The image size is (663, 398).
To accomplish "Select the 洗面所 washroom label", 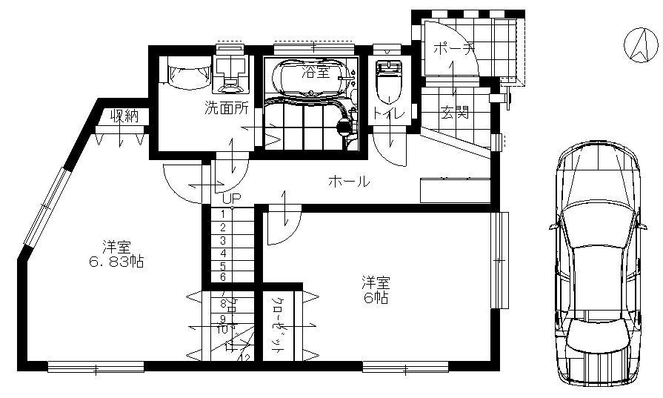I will pyautogui.click(x=226, y=108).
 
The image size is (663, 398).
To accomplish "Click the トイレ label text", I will pyautogui.click(x=387, y=114).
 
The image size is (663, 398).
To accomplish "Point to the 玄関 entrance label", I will pyautogui.click(x=455, y=113).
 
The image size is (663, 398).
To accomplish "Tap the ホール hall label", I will pyautogui.click(x=347, y=181).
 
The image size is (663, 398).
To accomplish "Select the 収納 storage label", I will pyautogui.click(x=125, y=116).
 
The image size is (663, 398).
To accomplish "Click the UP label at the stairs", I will pyautogui.click(x=232, y=199).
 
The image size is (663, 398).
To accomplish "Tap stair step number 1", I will pyautogui.click(x=223, y=213).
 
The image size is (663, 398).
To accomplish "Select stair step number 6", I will pyautogui.click(x=223, y=276).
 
